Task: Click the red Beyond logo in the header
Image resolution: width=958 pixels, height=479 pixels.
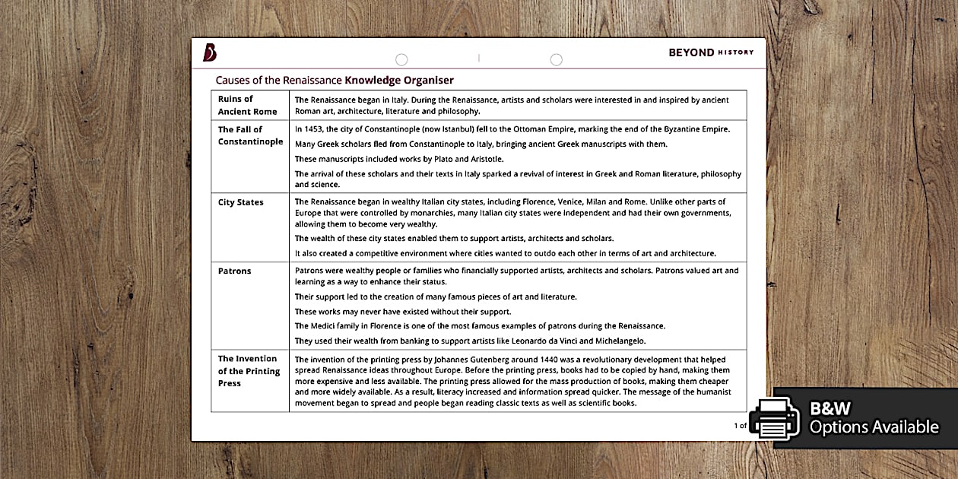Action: [210, 52]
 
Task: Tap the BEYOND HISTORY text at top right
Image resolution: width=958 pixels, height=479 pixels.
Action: [711, 52]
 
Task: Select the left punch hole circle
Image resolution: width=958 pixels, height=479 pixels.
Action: [401, 59]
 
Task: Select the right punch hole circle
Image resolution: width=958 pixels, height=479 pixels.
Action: [556, 59]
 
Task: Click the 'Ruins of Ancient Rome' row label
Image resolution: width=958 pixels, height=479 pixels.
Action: [247, 105]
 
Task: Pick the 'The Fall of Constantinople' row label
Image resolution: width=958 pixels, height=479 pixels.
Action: [250, 135]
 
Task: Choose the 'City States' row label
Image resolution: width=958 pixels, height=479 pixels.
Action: [240, 202]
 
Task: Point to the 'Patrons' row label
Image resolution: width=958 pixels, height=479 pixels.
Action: [234, 271]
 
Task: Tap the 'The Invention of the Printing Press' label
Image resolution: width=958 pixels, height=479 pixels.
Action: [249, 371]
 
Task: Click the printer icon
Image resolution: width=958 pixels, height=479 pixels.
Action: [774, 417]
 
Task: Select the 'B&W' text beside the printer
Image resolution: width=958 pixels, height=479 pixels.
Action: [830, 408]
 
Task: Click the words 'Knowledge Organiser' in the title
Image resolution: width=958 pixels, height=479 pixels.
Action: [399, 80]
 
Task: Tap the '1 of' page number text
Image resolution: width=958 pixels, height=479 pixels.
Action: [740, 426]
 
